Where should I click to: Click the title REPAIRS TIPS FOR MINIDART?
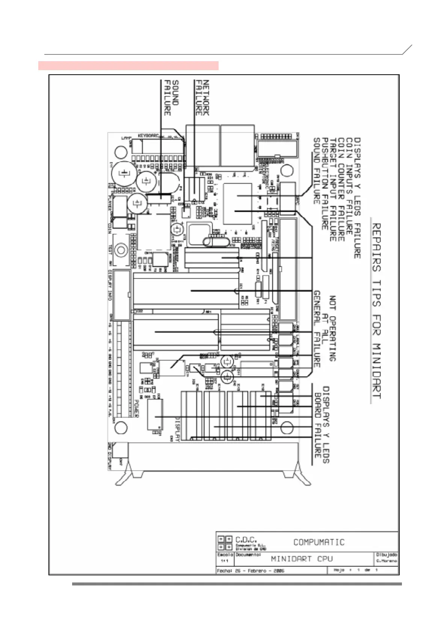(376, 311)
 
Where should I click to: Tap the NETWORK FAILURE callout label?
(202, 97)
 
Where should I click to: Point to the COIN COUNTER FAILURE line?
(341, 190)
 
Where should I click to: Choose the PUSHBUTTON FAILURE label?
(325, 184)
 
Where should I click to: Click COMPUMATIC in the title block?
(319, 542)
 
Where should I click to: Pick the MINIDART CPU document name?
(302, 558)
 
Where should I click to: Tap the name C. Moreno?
(387, 561)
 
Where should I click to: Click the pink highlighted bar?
(128, 66)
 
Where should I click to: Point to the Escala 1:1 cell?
(225, 558)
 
